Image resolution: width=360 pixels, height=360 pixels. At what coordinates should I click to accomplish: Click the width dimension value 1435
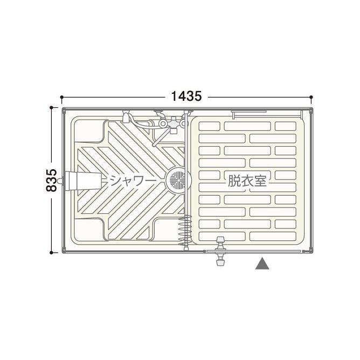186,96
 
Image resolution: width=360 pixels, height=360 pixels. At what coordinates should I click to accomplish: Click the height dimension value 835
51,180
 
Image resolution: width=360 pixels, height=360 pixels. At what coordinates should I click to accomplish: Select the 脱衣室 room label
247,181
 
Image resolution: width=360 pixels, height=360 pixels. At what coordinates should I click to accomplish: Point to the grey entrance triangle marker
262,264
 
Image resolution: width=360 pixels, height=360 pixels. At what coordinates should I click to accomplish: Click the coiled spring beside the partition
185,230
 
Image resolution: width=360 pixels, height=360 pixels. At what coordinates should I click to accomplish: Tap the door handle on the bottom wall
220,251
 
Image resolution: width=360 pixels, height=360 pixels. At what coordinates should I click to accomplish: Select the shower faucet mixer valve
172,124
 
